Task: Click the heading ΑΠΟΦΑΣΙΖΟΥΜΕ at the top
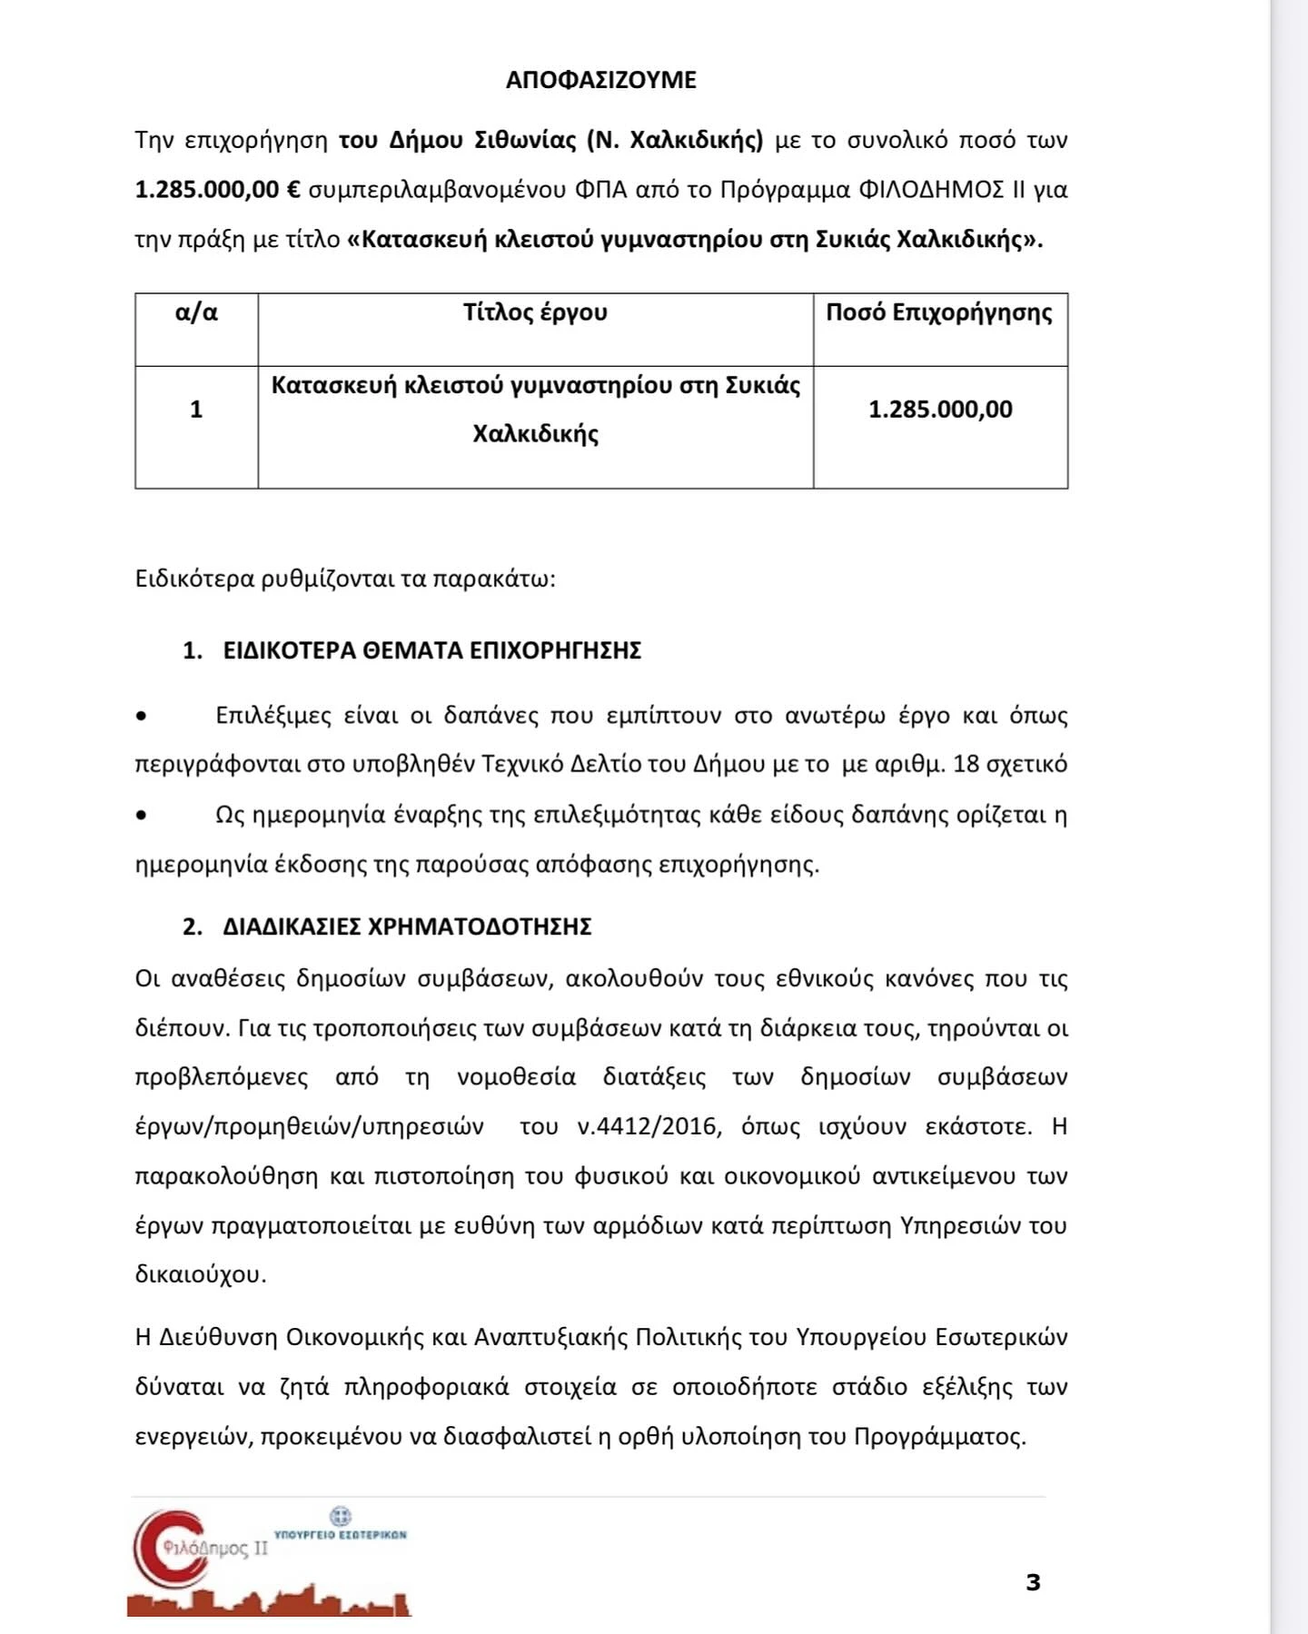click(600, 80)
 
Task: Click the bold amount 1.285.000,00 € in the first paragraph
click(217, 190)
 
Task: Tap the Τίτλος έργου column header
click(535, 313)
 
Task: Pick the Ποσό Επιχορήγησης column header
click(939, 313)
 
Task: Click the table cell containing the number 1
click(196, 410)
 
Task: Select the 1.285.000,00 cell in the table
click(940, 410)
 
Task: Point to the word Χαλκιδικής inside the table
click(535, 434)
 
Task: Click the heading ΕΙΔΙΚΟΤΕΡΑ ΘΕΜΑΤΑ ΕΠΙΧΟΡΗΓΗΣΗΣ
click(431, 650)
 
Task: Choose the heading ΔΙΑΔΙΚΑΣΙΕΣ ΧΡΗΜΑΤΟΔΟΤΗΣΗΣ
click(407, 926)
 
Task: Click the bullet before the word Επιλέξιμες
click(141, 717)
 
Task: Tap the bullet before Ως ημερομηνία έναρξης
click(141, 815)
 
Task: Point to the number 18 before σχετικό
click(966, 764)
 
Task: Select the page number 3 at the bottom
click(1033, 1582)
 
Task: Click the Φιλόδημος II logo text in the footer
click(215, 1548)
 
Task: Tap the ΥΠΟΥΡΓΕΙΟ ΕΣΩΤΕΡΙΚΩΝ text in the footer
click(340, 1534)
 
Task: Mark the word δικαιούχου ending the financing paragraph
click(200, 1275)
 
